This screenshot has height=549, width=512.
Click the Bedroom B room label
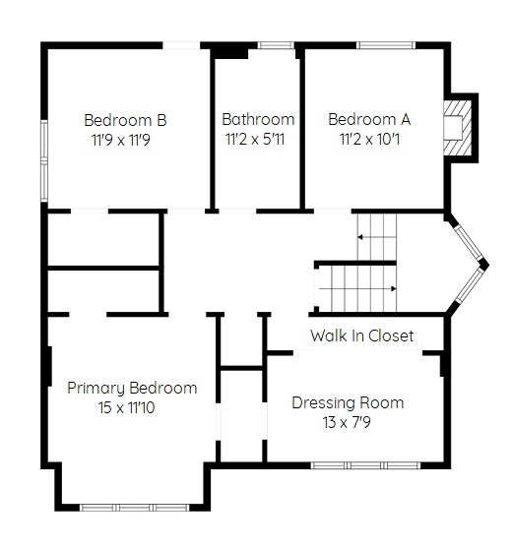(125, 120)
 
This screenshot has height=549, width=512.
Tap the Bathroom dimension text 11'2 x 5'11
(255, 140)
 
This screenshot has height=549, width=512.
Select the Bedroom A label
(369, 119)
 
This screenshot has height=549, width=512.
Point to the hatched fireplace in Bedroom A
(458, 128)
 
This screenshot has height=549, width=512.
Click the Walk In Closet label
(361, 335)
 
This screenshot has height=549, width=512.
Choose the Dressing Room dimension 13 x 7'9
(347, 422)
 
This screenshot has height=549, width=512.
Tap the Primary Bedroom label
(132, 389)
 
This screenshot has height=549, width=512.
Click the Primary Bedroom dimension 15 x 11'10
(126, 407)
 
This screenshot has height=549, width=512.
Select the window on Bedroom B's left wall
(44, 160)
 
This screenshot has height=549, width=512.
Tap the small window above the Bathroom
(276, 45)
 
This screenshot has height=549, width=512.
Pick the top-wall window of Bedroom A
(386, 45)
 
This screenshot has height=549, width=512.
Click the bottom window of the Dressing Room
(365, 465)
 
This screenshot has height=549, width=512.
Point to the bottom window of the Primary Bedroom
(134, 508)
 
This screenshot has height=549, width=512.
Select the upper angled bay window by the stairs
(469, 242)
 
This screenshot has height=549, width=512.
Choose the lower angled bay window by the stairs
(469, 285)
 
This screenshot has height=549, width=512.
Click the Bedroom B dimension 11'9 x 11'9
(121, 140)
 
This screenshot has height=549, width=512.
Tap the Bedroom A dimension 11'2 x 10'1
(369, 140)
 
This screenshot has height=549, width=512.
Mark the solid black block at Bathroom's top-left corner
(229, 52)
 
